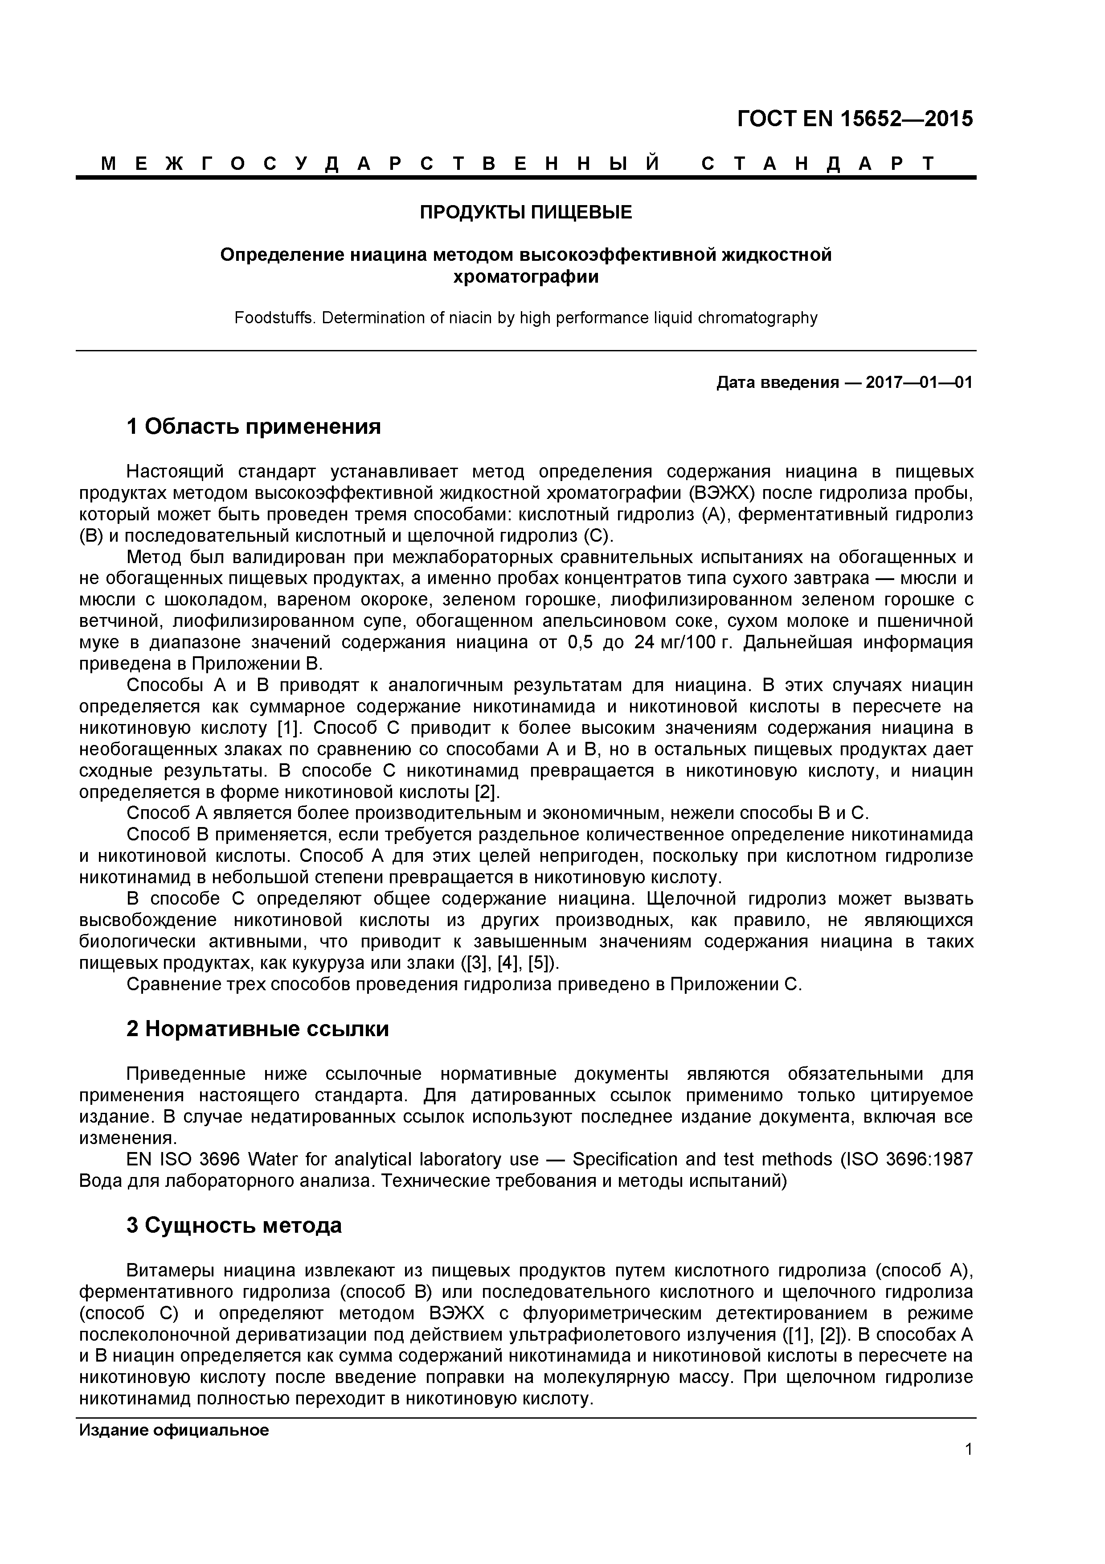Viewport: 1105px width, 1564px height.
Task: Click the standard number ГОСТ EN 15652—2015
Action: [x=855, y=119]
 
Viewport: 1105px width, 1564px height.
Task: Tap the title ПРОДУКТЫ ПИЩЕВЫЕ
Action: [x=526, y=213]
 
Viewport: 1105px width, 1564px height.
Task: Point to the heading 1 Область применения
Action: [x=253, y=427]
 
